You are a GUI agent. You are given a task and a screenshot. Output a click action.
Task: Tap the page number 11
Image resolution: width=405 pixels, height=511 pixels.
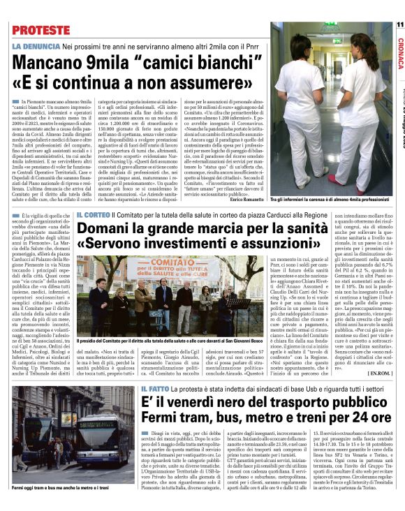[x=399, y=25]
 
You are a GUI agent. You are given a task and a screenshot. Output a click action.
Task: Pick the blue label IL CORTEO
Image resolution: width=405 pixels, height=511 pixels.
[x=94, y=214]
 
